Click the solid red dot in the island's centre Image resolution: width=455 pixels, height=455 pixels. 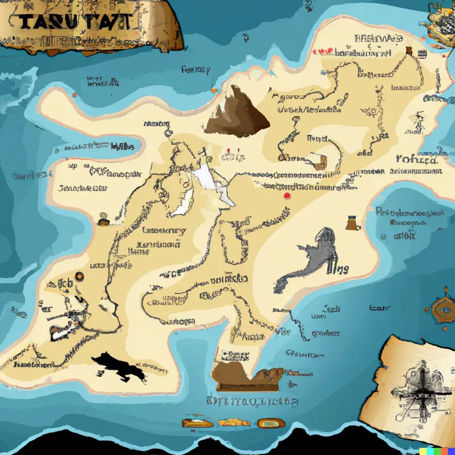click(x=287, y=196)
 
